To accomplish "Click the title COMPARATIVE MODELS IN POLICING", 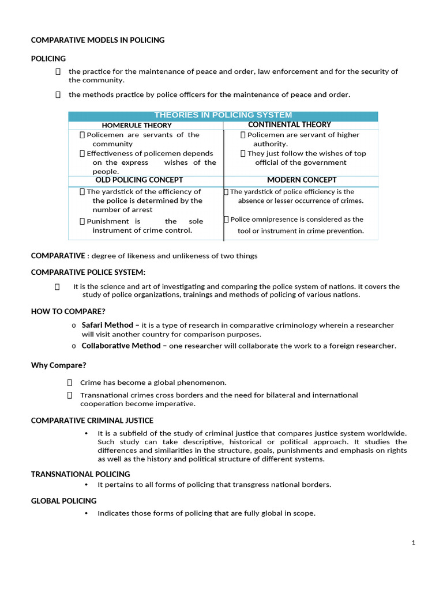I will (x=97, y=40).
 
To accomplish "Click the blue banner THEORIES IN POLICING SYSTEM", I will (x=223, y=115).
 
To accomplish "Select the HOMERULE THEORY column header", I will (x=137, y=125).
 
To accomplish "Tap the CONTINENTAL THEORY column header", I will (x=289, y=124).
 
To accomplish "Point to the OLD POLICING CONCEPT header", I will (x=139, y=180).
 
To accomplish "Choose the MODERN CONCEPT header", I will (x=302, y=180).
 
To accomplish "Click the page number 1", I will (x=414, y=543).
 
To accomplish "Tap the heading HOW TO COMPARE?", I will (x=68, y=311).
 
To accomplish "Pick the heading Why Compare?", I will (x=58, y=365).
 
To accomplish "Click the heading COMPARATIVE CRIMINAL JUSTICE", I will (x=92, y=420).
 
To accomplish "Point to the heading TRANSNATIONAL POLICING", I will (x=80, y=474).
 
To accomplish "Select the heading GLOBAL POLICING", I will (x=63, y=501).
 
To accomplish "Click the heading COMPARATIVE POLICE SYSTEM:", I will (x=88, y=272).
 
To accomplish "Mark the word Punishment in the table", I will (x=108, y=221).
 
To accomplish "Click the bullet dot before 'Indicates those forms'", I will (x=86, y=513).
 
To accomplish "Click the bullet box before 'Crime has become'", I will (x=69, y=382).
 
